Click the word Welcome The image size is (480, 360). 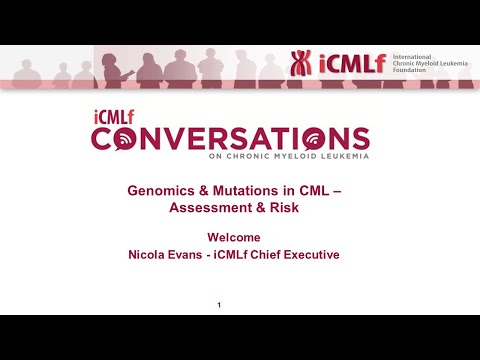[234, 238]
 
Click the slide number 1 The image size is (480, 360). [219, 304]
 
